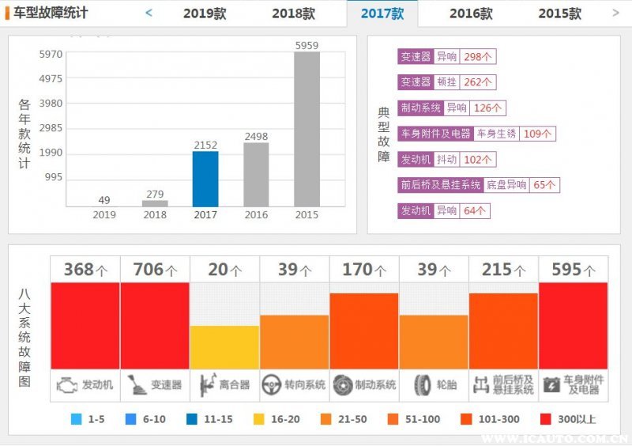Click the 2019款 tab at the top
click(205, 13)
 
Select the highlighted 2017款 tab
click(382, 13)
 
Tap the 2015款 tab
click(559, 13)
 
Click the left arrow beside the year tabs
click(149, 13)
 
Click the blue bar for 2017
click(205, 179)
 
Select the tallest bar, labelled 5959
click(307, 129)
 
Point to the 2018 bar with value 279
click(155, 203)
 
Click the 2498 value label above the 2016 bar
click(256, 136)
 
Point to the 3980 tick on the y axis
click(51, 104)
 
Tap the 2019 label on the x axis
click(104, 214)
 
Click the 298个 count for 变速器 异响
click(478, 57)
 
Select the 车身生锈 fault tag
click(496, 134)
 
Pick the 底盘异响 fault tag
click(506, 185)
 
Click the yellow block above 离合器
click(224, 347)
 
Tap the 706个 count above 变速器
click(155, 270)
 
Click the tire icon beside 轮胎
click(422, 386)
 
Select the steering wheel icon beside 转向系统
click(272, 386)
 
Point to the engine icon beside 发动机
click(65, 386)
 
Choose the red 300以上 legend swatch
click(544, 419)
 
